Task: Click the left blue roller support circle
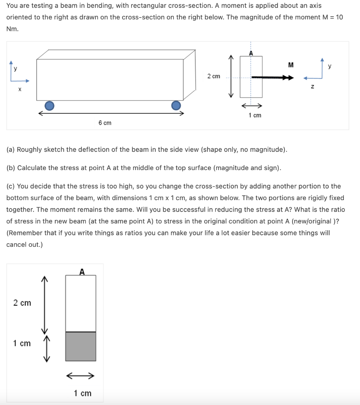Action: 49,105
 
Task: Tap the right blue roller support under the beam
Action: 176,105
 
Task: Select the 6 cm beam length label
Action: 105,123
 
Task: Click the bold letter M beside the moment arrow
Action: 291,65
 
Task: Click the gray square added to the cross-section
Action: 81,346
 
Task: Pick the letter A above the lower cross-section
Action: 82,272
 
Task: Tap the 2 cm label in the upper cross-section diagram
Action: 213,76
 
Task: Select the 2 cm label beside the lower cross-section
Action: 22,303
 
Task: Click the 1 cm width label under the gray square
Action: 83,393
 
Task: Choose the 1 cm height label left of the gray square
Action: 22,343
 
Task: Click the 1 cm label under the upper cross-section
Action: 254,115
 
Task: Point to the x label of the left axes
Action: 19,90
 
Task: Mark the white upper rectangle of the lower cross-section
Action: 81,303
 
